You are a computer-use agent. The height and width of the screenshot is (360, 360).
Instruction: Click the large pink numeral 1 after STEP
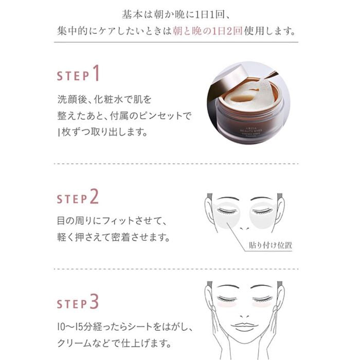point(96,74)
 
